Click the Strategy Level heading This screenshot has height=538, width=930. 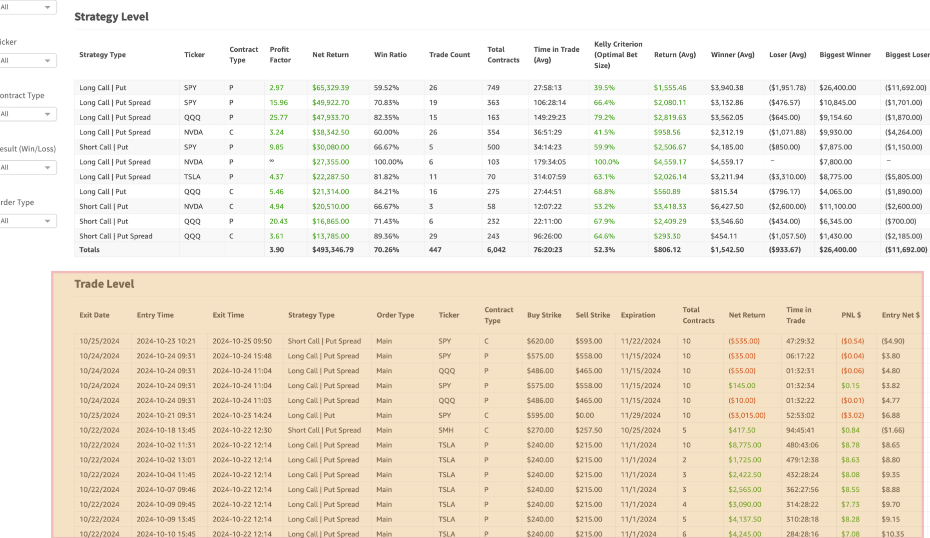[x=111, y=16]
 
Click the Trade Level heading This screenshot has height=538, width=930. [x=104, y=284]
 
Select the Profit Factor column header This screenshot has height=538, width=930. [x=280, y=54]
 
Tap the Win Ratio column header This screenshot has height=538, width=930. [x=390, y=54]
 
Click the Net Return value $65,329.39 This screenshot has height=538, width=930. [x=330, y=87]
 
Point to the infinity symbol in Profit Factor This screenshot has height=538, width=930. [x=272, y=160]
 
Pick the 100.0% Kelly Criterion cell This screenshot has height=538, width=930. [x=606, y=162]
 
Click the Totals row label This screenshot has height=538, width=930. [x=89, y=249]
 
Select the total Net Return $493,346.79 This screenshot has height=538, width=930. [x=333, y=249]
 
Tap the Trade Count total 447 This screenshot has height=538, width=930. [x=435, y=249]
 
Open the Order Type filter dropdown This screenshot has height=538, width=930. [x=28, y=221]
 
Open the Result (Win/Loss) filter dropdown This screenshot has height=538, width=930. [x=28, y=167]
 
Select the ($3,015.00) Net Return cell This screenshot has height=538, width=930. [x=747, y=415]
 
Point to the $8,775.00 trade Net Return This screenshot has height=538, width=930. [x=745, y=445]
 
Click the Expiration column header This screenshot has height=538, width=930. [x=638, y=315]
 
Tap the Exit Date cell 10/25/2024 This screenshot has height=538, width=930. [x=99, y=341]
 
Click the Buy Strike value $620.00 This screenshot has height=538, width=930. [x=540, y=341]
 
